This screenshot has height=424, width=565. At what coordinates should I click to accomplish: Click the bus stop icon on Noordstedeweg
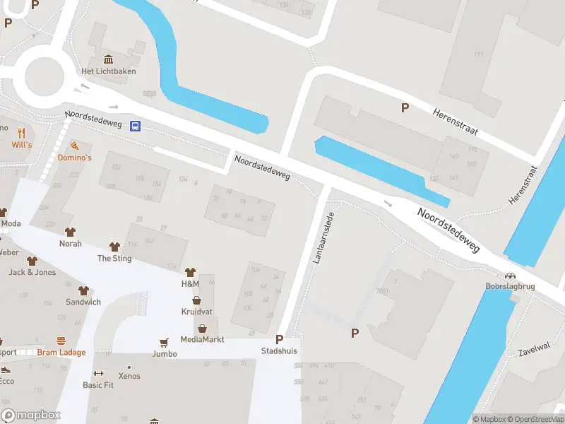135,126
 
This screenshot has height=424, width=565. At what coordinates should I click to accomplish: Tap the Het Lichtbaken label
109,71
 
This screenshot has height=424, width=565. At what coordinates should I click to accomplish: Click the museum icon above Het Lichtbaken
109,59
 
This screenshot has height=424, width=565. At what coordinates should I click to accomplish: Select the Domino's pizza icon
75,145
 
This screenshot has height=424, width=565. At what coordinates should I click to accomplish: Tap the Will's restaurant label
22,145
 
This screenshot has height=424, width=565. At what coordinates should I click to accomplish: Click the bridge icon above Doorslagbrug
509,276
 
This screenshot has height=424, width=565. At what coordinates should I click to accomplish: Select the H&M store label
191,283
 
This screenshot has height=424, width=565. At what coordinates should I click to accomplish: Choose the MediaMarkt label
203,339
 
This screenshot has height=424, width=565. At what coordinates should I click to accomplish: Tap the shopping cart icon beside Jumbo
165,342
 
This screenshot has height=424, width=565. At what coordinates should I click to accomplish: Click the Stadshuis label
279,351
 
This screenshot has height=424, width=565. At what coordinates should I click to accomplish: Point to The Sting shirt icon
114,247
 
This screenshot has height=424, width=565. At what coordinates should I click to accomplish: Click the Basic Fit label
98,385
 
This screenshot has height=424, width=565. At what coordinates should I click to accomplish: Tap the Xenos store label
129,376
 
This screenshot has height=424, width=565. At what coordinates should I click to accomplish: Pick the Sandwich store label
83,302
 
